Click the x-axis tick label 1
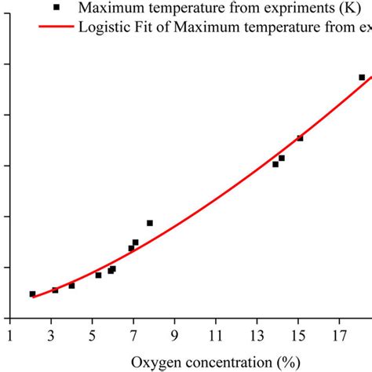(x=10, y=334)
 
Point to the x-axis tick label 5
(x=93, y=334)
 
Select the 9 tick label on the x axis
(x=175, y=334)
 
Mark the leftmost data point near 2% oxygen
(x=32, y=294)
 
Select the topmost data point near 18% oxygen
(x=362, y=78)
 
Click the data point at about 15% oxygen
(x=300, y=138)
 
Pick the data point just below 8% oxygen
(x=150, y=223)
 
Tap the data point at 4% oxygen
(x=71, y=286)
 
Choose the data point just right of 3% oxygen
(x=55, y=290)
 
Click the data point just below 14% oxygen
(x=275, y=164)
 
